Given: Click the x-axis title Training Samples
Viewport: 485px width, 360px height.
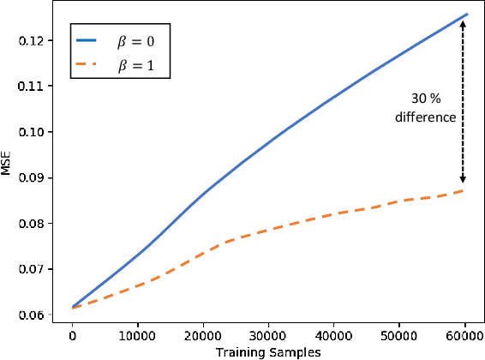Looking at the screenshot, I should point(268,351).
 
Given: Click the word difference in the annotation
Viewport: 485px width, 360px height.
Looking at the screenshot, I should point(426,117).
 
